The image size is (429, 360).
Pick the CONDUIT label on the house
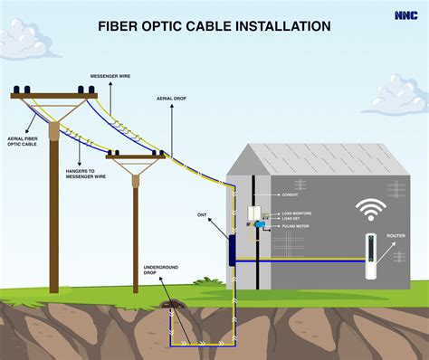click(291, 195)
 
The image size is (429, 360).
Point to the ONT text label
click(202, 215)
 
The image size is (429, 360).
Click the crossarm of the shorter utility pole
click(135, 157)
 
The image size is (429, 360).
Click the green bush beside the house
click(214, 284)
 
